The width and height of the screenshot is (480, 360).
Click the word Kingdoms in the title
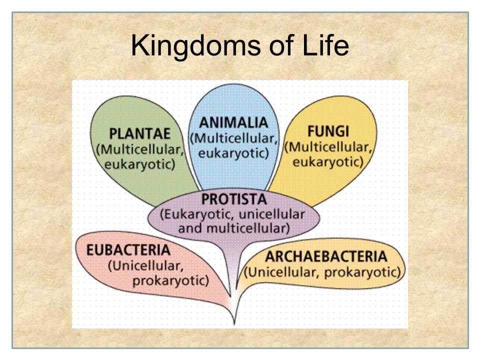click(196, 46)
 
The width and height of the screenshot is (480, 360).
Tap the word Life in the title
click(325, 45)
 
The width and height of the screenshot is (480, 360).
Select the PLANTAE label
click(139, 133)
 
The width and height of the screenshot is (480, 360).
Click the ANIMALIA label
click(233, 123)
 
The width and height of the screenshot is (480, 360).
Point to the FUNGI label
click(328, 131)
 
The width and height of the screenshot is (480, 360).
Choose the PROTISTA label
click(234, 199)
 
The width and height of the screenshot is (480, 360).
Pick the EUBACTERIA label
click(128, 250)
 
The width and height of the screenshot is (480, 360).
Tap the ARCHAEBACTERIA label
click(326, 256)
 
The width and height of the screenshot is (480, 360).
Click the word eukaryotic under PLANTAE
click(140, 164)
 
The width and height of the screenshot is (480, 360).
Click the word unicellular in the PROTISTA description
click(271, 214)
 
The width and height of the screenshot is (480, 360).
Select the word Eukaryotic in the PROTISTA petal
click(197, 214)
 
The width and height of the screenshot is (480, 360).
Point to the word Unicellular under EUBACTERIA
click(145, 265)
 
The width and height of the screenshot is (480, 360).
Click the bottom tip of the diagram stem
click(234, 324)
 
